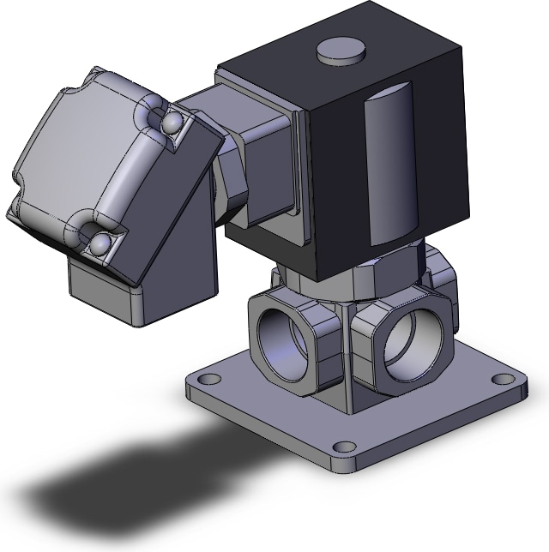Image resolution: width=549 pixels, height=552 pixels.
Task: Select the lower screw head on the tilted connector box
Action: coord(99,243)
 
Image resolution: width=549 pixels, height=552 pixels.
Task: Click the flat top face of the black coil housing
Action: coord(343,73)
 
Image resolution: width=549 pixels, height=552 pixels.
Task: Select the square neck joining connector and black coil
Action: coord(257,154)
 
